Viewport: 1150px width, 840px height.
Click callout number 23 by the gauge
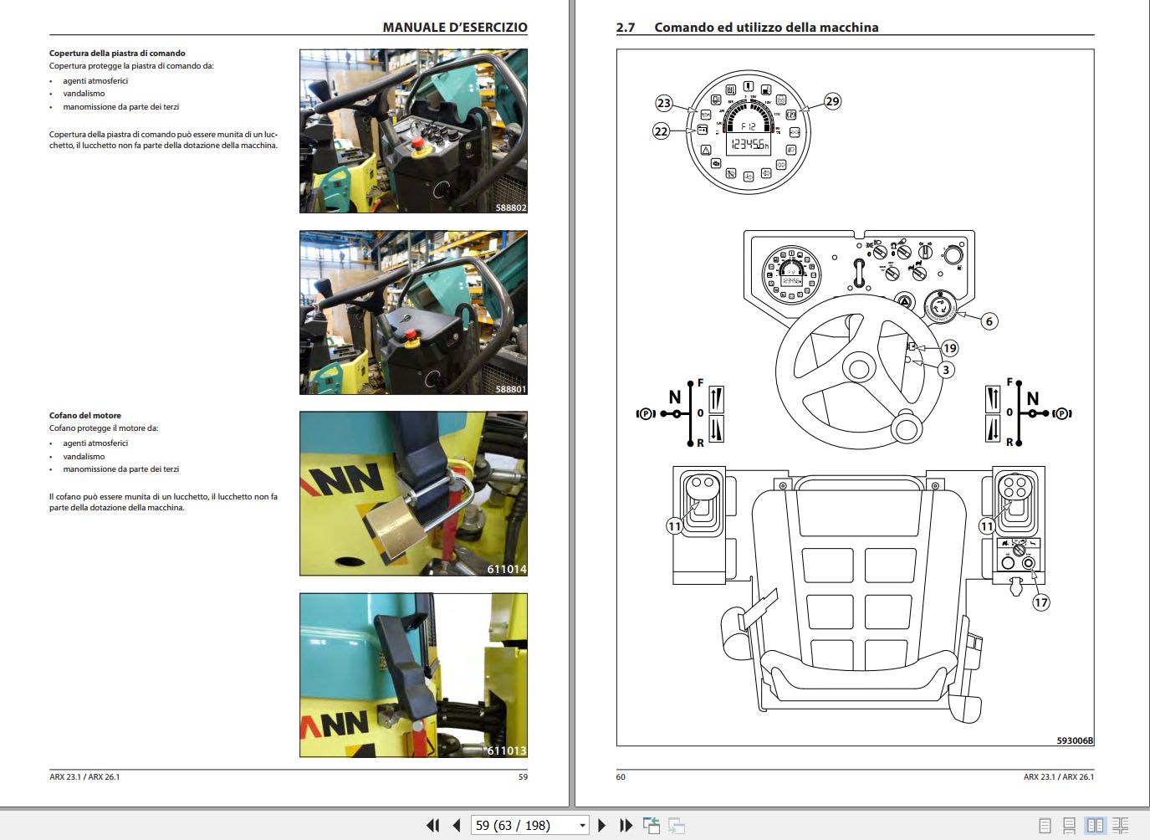click(x=664, y=103)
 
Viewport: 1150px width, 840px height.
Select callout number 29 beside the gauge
click(x=832, y=101)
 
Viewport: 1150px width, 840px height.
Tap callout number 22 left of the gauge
click(x=662, y=131)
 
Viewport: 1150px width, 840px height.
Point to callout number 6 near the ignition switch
click(x=989, y=321)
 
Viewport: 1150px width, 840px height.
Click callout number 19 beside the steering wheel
click(x=949, y=348)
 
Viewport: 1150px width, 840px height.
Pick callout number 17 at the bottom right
click(x=1040, y=602)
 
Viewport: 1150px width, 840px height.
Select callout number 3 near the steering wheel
click(x=946, y=370)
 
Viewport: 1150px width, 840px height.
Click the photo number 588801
click(x=510, y=389)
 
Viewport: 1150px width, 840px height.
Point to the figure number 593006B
click(x=1074, y=740)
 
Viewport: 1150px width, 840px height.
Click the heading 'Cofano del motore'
click(x=85, y=415)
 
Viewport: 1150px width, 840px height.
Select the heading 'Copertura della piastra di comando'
click(x=117, y=53)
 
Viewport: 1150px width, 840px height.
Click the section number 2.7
click(x=626, y=28)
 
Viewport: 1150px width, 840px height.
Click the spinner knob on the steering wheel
click(x=906, y=428)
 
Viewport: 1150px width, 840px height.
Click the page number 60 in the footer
click(x=621, y=776)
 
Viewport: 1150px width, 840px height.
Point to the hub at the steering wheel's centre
click(x=858, y=368)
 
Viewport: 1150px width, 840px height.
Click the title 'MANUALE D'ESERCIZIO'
click(x=455, y=28)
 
